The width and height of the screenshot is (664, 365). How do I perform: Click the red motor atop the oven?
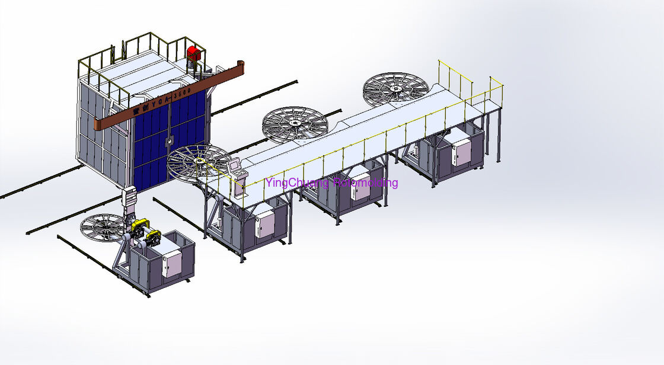[x=194, y=55]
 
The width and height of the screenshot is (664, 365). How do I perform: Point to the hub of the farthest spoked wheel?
[x=395, y=89]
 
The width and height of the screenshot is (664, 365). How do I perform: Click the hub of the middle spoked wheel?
[x=295, y=123]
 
